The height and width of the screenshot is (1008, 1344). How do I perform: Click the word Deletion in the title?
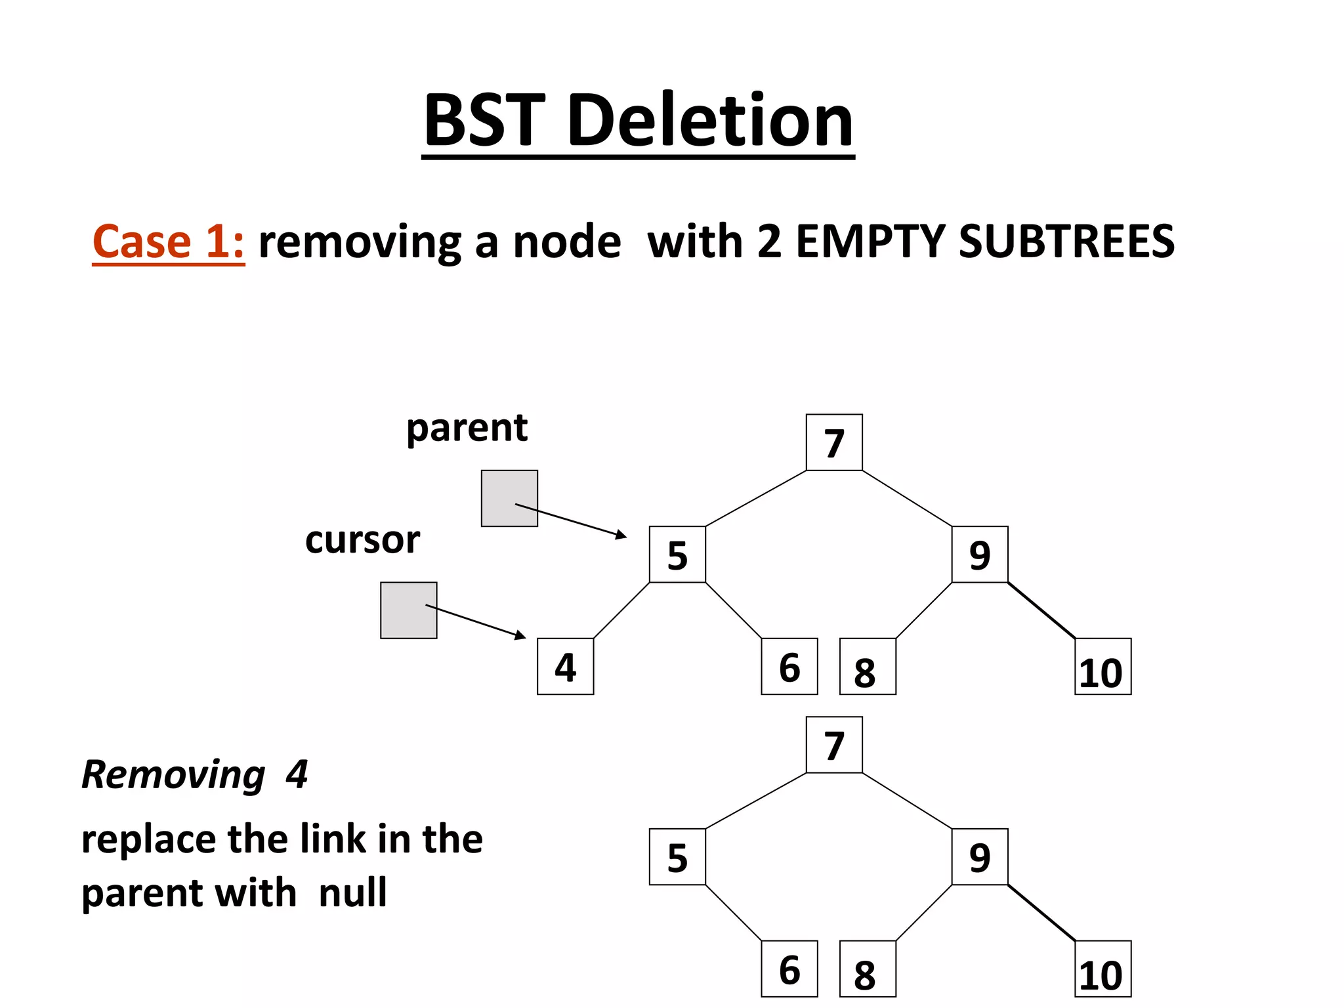pos(710,121)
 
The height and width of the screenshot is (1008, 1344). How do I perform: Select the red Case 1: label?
pos(168,241)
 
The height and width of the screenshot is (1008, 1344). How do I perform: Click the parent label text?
pos(467,429)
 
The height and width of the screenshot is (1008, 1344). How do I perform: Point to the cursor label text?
pos(362,540)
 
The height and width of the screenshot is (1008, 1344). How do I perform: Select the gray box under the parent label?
pos(509,498)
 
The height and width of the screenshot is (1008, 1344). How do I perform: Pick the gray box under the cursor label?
pos(408,610)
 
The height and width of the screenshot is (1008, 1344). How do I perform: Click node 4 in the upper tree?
pos(565,666)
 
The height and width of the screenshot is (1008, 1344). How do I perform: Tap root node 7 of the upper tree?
pos(834,442)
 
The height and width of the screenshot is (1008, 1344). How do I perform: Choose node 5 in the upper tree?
pos(677,554)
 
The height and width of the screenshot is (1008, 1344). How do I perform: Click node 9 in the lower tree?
pos(980,856)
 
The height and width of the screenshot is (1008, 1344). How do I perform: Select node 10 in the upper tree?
pos(1102,666)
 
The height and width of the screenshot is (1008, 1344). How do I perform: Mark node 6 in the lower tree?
pos(789,969)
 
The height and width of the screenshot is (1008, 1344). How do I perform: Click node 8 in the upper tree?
pos(868,666)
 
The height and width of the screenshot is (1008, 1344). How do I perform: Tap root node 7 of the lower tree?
pos(834,745)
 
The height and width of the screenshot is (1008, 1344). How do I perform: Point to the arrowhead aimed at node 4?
pos(521,635)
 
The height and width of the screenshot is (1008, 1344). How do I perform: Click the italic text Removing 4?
pos(195,774)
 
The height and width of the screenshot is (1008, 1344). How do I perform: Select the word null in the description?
pos(352,893)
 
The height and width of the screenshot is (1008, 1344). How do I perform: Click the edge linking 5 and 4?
pos(621,610)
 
